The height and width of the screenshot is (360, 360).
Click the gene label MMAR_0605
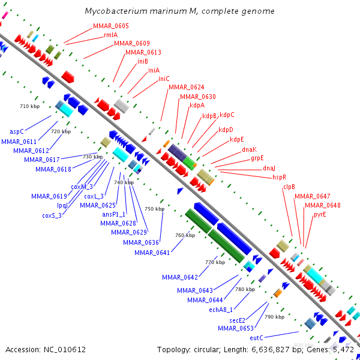(x=110, y=26)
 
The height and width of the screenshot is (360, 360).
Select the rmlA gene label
(x=110, y=35)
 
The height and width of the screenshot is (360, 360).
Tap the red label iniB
(x=142, y=61)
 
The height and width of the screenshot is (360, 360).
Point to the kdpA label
(x=197, y=105)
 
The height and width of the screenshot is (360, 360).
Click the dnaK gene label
(x=249, y=149)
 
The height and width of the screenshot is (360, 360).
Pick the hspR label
(x=279, y=177)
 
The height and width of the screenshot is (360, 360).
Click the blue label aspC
(x=17, y=131)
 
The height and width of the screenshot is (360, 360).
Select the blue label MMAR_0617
(x=41, y=160)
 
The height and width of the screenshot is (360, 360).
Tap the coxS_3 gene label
(x=52, y=215)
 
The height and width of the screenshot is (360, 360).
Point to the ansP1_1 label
(x=113, y=214)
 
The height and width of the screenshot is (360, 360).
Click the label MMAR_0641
(x=152, y=253)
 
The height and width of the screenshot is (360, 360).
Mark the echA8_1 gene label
(x=221, y=310)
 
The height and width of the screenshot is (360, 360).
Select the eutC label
(x=257, y=338)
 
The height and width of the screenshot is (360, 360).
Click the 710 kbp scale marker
(x=29, y=106)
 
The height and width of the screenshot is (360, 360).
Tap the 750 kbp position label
(x=154, y=209)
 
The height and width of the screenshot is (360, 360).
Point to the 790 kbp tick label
(x=274, y=316)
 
